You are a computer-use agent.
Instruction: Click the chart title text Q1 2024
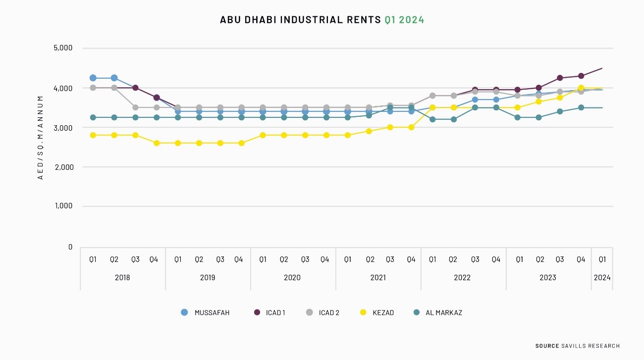tap(404, 20)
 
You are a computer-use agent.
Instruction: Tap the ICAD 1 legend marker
tap(257, 312)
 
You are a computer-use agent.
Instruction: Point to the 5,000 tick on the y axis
tap(63, 48)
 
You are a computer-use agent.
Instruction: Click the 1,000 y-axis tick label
tap(63, 206)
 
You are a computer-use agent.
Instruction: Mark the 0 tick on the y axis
tap(70, 247)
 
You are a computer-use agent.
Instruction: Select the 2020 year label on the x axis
tap(292, 277)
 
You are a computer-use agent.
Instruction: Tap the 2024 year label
tap(602, 277)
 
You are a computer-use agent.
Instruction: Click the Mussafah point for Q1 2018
tap(93, 78)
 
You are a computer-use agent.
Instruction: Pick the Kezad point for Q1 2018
tap(93, 135)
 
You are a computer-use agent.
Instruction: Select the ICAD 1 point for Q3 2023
tap(560, 78)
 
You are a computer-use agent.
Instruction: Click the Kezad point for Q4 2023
tap(581, 88)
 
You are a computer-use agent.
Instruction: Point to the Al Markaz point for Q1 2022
tap(432, 119)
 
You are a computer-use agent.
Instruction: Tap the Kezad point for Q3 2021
tap(390, 127)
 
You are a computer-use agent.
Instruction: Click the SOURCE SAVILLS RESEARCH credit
tap(577, 346)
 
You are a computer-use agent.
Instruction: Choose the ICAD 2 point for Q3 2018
tap(135, 107)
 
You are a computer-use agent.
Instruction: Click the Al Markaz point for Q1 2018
tap(93, 117)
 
